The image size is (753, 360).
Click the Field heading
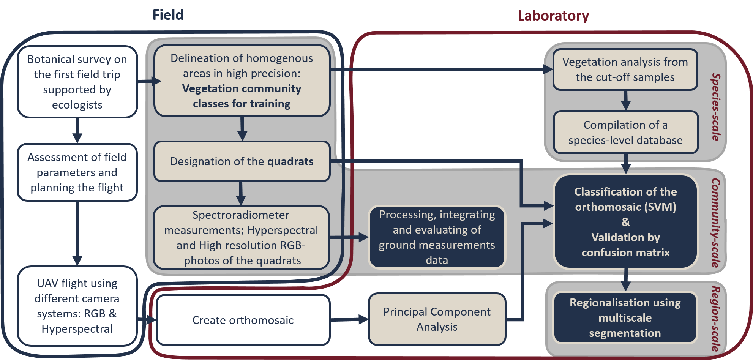click(168, 15)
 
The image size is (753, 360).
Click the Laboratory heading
click(553, 16)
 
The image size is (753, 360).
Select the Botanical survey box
click(77, 82)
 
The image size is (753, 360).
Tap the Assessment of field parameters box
click(77, 172)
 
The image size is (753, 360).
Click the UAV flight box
click(77, 306)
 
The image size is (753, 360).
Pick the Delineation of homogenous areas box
click(242, 81)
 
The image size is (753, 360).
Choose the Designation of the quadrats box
click(242, 161)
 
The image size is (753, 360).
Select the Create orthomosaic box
click(243, 320)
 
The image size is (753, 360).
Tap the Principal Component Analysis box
click(437, 319)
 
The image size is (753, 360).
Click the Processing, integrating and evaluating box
click(437, 237)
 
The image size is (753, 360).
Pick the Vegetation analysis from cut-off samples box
click(625, 69)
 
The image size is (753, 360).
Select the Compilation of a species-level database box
click(625, 133)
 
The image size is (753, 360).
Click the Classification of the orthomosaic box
click(625, 222)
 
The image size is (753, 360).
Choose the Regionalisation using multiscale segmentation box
click(625, 318)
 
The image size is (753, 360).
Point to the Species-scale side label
click(716, 107)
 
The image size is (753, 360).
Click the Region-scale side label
click(716, 318)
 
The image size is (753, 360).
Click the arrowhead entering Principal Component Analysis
click(363, 319)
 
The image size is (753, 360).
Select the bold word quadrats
click(290, 162)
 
